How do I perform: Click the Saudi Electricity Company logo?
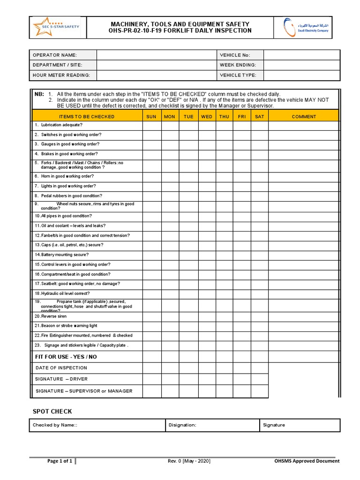pyautogui.click(x=306, y=27)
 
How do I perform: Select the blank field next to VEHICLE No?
pyautogui.click(x=301, y=55)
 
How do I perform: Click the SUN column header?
pyautogui.click(x=151, y=117)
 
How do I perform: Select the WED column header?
pyautogui.click(x=206, y=117)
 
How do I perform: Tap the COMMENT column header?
pyautogui.click(x=304, y=117)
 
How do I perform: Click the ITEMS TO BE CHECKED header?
pyautogui.click(x=87, y=117)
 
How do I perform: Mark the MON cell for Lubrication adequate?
pyautogui.click(x=170, y=125)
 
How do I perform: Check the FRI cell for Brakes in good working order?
pyautogui.click(x=241, y=154)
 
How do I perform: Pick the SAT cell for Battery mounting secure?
pyautogui.click(x=259, y=255)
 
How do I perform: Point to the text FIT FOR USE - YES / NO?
pyautogui.click(x=66, y=357)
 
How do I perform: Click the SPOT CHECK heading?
pyautogui.click(x=52, y=412)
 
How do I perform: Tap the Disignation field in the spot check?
pyautogui.click(x=212, y=425)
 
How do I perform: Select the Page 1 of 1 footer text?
pyautogui.click(x=60, y=461)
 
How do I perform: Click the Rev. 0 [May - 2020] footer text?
pyautogui.click(x=189, y=461)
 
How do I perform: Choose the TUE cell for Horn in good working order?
pyautogui.click(x=188, y=177)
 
